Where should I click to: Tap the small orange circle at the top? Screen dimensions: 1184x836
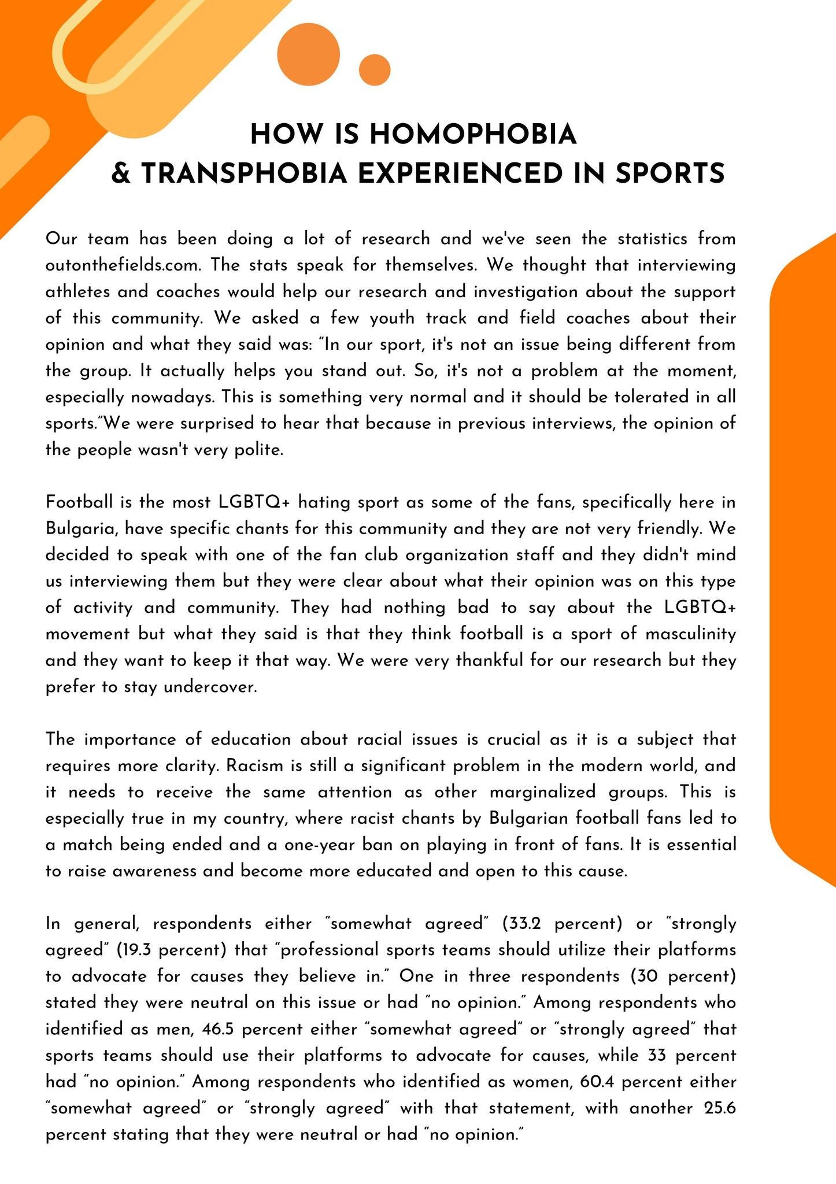[375, 70]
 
